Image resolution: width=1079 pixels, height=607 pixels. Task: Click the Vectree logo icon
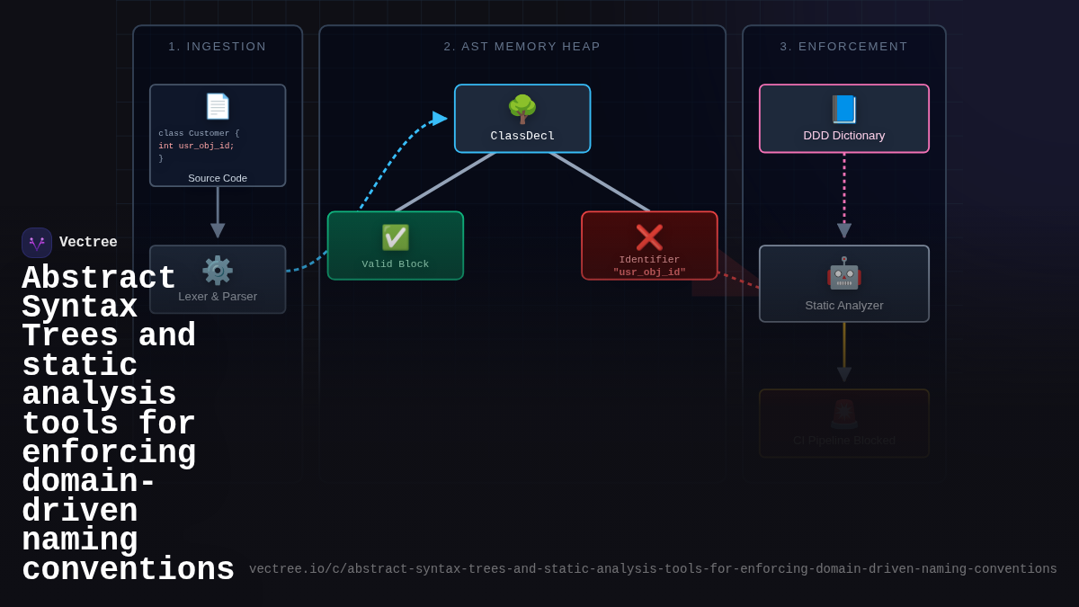[x=37, y=243]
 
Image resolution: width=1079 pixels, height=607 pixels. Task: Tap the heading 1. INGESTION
[x=218, y=47]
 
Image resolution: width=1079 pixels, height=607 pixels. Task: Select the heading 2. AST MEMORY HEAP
[x=522, y=47]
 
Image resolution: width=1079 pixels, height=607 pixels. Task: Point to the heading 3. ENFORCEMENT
[x=843, y=47]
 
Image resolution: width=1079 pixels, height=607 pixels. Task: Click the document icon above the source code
[x=218, y=106]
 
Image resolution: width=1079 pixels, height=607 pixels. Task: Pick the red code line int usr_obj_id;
[x=196, y=146]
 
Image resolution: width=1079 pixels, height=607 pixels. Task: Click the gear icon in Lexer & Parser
[x=218, y=270]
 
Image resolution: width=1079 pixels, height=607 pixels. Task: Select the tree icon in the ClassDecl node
[x=522, y=109]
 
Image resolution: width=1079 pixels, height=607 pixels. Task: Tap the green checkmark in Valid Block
[x=396, y=237]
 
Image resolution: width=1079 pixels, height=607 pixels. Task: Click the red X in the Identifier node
[x=649, y=237]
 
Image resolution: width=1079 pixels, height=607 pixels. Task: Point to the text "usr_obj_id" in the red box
[x=649, y=272]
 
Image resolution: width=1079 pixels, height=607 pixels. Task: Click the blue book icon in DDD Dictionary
[x=843, y=109]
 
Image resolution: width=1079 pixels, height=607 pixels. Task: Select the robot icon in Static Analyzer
[x=843, y=273]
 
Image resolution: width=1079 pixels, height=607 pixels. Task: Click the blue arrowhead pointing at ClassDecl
[x=440, y=119]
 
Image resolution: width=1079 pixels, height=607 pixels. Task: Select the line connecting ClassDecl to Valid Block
[x=445, y=183]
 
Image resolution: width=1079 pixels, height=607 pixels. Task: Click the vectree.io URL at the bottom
[x=653, y=569]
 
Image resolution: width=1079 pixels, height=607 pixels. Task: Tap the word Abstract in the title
[x=99, y=279]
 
